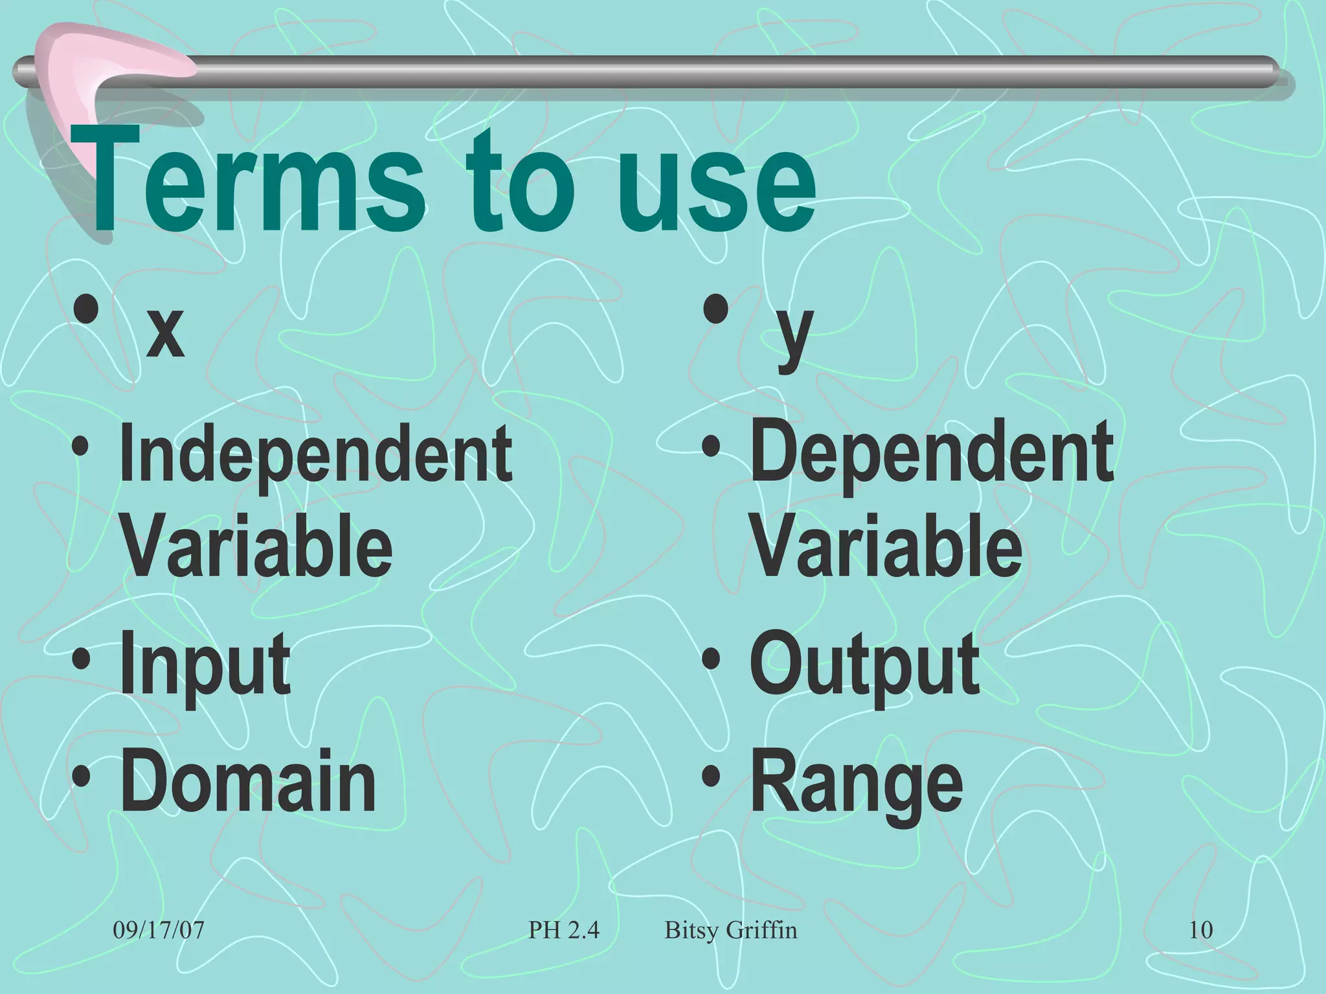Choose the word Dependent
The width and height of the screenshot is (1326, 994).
(x=932, y=453)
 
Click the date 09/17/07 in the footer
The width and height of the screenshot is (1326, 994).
(x=159, y=931)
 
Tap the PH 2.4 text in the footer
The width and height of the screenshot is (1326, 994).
(x=564, y=931)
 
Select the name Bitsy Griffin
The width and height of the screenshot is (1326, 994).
(x=731, y=931)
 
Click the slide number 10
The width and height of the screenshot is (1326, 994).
(x=1201, y=931)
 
